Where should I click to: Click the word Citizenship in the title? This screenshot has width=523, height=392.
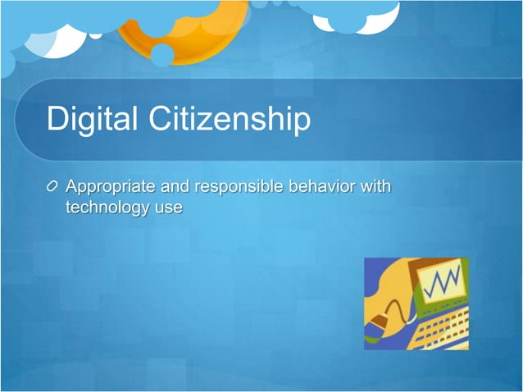230,120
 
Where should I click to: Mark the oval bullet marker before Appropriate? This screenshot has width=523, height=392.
54,187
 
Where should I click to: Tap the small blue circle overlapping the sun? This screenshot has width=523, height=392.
162,55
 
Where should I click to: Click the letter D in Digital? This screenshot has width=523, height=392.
57,120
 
